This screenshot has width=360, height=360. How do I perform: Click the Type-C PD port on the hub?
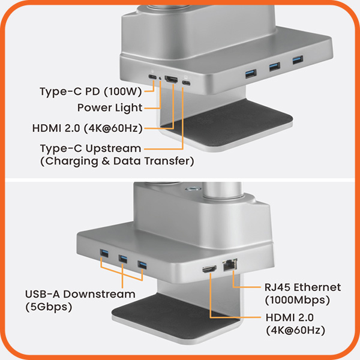(152, 77)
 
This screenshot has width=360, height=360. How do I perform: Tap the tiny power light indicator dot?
(160, 79)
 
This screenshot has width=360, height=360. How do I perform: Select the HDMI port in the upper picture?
(172, 79)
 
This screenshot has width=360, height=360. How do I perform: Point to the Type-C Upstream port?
(186, 83)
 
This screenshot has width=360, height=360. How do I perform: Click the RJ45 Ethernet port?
(230, 265)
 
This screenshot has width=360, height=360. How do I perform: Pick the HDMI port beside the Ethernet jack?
(209, 269)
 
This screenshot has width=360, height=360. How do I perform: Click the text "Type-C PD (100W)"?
(91, 92)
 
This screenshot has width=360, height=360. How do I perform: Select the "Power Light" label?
(110, 108)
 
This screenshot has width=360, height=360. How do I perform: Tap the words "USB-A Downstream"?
(80, 294)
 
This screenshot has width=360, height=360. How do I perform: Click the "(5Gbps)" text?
(49, 307)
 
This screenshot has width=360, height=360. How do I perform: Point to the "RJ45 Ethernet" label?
(302, 287)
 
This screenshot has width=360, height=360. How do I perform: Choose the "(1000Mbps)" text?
(298, 300)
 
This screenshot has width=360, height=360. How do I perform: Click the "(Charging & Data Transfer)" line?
(117, 161)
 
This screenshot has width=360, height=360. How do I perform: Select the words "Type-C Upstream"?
(91, 149)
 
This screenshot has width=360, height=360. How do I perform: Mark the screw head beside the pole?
(193, 189)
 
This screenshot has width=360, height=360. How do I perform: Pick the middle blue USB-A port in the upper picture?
(275, 67)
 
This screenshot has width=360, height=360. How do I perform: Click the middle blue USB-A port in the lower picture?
(123, 259)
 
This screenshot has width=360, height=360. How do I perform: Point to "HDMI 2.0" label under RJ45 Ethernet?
(290, 318)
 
